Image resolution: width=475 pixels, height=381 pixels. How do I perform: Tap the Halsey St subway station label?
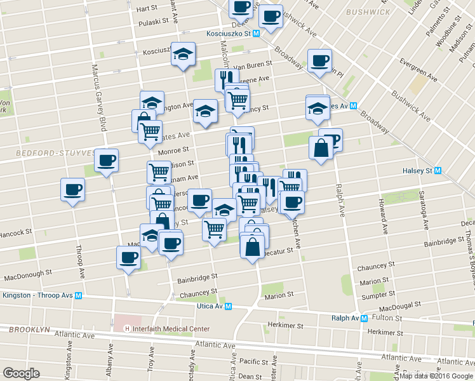[417, 171]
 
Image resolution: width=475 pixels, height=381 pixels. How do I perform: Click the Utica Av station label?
[215, 306]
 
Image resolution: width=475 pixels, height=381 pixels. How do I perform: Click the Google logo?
[21, 373]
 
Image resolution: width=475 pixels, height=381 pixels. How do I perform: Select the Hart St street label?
[146, 8]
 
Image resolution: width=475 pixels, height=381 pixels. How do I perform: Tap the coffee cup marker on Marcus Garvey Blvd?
[106, 160]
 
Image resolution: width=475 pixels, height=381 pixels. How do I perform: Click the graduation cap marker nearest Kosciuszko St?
[182, 53]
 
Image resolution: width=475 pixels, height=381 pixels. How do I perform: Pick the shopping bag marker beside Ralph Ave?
[321, 149]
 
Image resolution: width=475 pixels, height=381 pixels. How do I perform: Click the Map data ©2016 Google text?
[436, 376]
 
